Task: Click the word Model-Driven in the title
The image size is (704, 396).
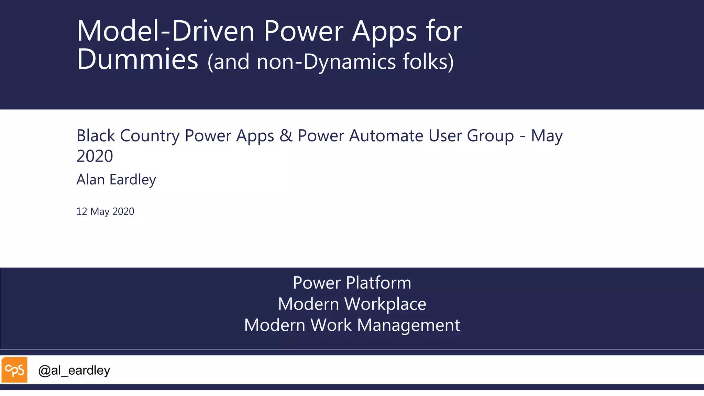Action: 165,31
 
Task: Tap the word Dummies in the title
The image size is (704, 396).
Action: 137,59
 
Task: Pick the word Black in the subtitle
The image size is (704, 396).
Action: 96,136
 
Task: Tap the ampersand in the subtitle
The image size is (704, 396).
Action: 286,136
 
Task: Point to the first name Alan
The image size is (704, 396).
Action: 90,179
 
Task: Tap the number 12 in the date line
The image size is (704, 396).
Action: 81,211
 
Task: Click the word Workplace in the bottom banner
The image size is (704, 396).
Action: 385,304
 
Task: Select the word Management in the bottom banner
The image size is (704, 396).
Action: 409,325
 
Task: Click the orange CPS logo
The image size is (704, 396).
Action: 14,370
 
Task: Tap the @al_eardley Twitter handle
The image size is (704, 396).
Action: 74,370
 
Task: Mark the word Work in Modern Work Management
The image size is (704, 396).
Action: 331,325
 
